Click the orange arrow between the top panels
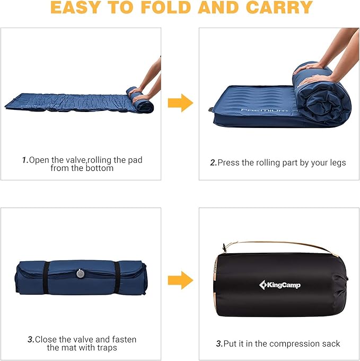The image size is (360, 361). [180, 102]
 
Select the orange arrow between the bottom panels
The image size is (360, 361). [180, 280]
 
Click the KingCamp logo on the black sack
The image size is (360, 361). [280, 286]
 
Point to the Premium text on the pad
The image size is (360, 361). [264, 110]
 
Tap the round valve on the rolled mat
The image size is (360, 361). [80, 273]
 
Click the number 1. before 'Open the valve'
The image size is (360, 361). [24, 160]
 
